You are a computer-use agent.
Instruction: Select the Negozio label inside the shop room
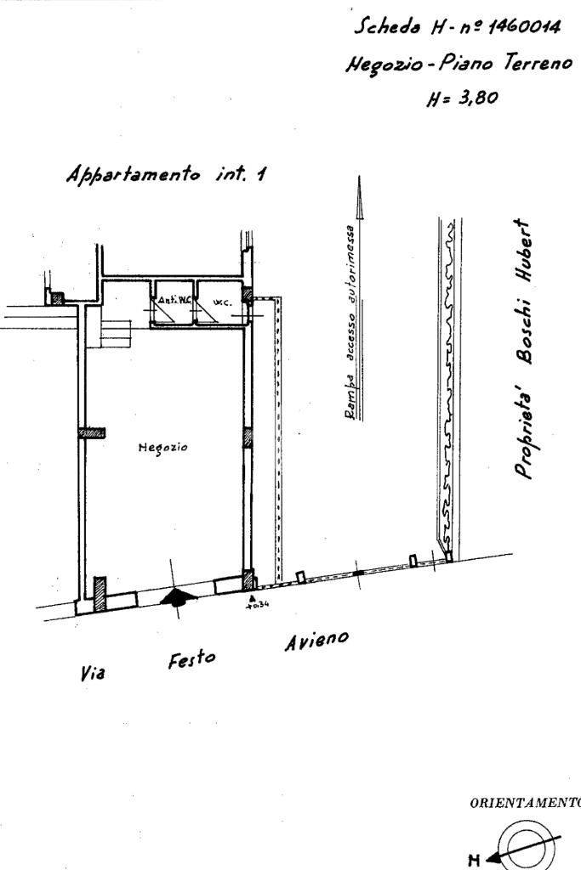click(162, 447)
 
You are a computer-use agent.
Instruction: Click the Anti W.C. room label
click(167, 300)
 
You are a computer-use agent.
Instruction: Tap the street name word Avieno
click(316, 641)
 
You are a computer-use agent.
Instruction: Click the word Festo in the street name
click(191, 660)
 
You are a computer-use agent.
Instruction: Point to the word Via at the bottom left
click(92, 674)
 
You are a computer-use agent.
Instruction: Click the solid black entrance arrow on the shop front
click(177, 597)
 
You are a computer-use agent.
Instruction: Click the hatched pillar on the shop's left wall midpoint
click(92, 432)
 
